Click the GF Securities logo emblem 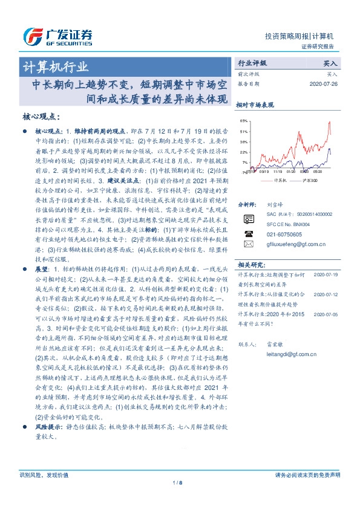click(31, 36)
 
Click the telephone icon click(248, 233)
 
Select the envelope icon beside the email click(248, 244)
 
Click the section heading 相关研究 click(250, 265)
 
